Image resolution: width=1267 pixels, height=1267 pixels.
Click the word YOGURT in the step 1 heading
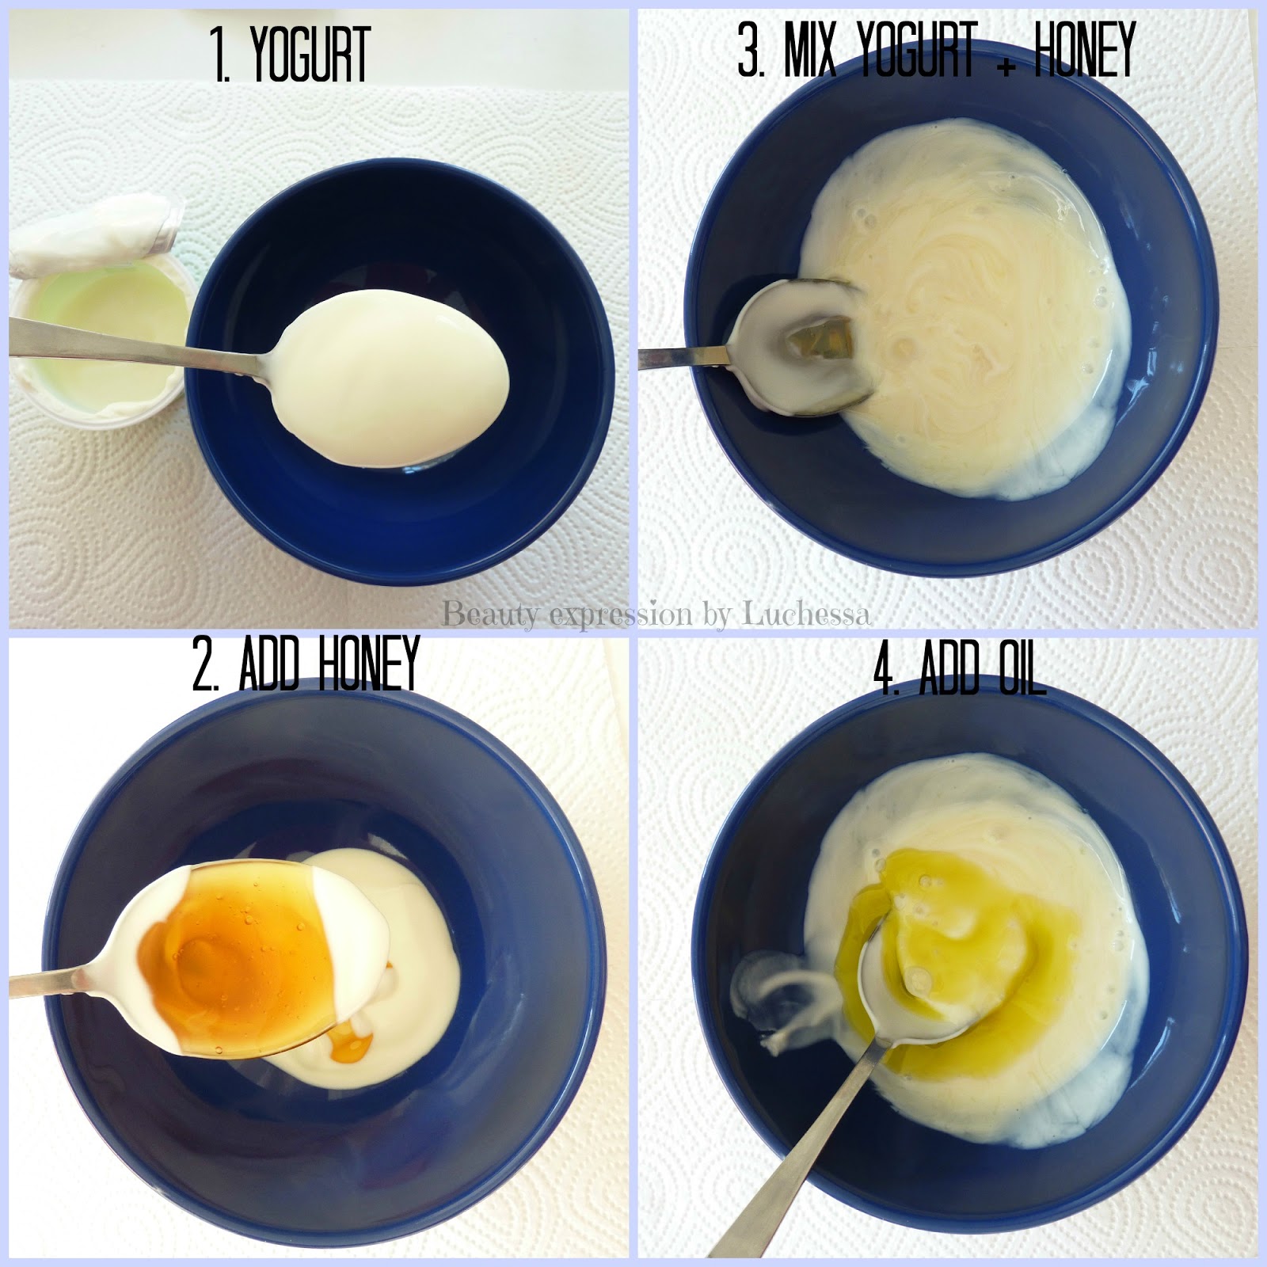(x=310, y=56)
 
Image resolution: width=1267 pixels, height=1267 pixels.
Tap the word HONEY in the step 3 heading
(x=1086, y=49)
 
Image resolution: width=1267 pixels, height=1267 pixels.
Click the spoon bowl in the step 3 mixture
(x=800, y=348)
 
